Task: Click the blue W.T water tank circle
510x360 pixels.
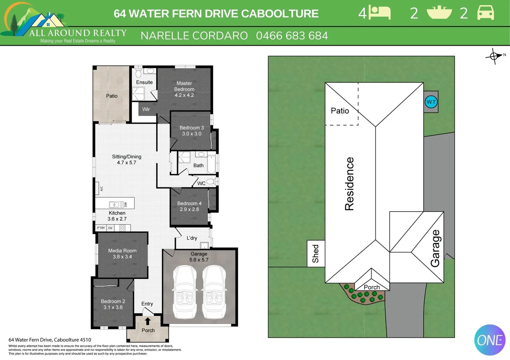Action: pos(431,102)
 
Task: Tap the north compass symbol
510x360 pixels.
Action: pos(494,56)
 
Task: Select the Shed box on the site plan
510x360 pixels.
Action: pos(316,254)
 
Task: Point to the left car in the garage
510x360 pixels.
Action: pos(184,291)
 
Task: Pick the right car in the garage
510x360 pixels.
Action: pos(214,291)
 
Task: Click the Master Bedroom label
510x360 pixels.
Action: pos(184,86)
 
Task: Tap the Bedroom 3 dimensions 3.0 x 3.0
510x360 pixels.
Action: pos(191,134)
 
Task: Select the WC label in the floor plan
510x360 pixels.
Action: pos(201,183)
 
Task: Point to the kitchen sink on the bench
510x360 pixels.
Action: pos(114,204)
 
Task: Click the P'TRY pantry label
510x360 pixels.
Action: pos(101,228)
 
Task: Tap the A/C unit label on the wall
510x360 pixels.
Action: pos(101,189)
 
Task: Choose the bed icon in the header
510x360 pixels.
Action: pos(380,13)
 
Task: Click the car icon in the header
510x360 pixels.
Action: pos(485,13)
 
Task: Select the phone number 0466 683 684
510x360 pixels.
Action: pos(292,36)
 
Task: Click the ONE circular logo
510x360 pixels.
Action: pos(490,340)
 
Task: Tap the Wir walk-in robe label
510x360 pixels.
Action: pos(146,109)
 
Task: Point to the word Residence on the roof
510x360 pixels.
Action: pos(349,184)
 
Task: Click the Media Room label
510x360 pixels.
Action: pos(122,251)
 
